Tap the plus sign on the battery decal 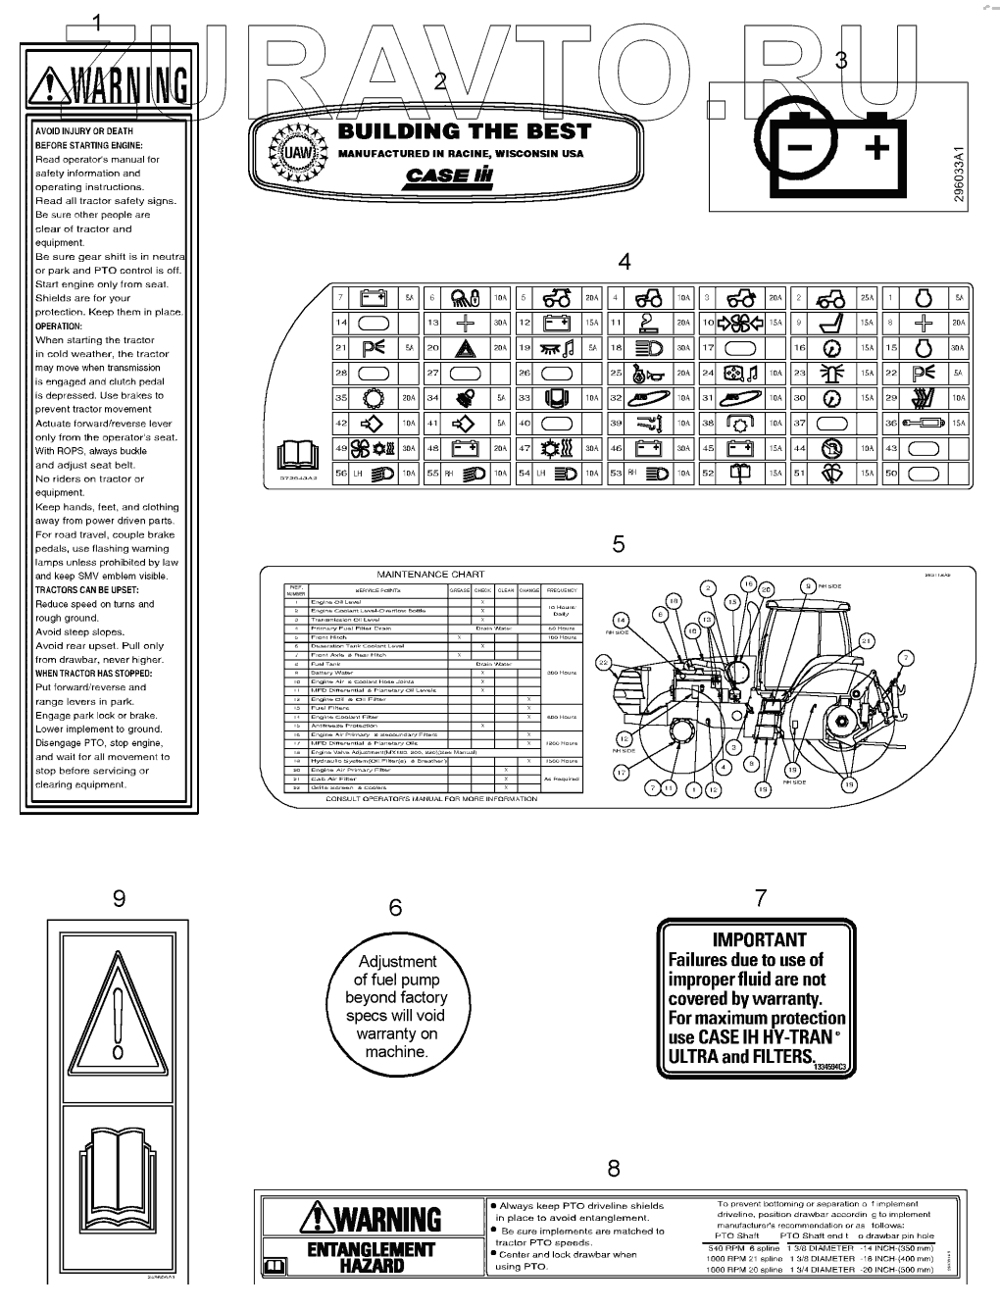(876, 148)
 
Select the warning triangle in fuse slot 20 (464, 348)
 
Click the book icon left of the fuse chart (299, 456)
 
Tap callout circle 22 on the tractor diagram (605, 664)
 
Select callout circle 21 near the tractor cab (866, 640)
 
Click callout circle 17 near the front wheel (620, 773)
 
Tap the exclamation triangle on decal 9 (118, 1016)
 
